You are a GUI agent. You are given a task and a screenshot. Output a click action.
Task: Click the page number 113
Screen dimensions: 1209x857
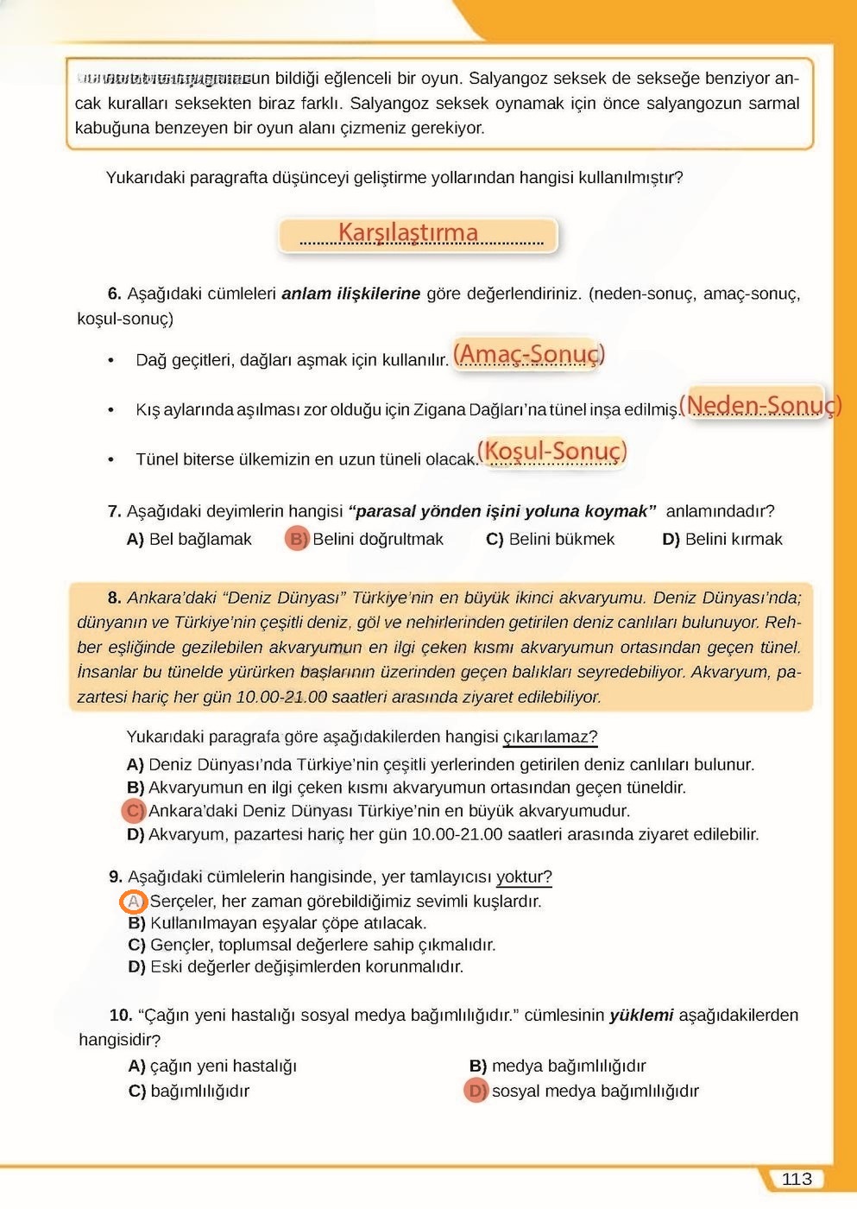[x=797, y=1179]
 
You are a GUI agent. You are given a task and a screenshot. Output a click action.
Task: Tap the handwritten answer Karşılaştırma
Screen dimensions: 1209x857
[x=408, y=233]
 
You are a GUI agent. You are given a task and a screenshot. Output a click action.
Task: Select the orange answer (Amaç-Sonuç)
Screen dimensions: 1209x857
[x=528, y=354]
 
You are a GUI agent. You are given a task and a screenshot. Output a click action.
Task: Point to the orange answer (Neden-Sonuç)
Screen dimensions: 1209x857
[x=759, y=405]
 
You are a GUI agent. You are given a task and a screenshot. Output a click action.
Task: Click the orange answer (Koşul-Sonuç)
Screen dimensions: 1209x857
[x=551, y=451]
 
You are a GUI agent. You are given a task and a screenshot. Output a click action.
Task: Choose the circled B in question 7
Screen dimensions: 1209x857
[x=296, y=540]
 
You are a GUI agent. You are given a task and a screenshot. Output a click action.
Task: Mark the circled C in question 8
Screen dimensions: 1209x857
[x=135, y=811]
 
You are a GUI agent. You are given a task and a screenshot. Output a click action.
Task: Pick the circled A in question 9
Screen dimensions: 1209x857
[x=134, y=902]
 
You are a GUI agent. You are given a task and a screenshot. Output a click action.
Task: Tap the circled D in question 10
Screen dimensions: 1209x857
[x=476, y=1091]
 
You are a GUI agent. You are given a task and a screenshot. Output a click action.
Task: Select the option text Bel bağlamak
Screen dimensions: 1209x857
[x=200, y=540]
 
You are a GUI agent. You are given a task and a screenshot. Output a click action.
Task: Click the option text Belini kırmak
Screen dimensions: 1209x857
[x=733, y=540]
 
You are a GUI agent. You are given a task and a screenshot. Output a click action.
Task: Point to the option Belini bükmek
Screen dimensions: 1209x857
[x=561, y=540]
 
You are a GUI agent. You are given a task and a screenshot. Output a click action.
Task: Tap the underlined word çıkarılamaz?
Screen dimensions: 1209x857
[x=550, y=737]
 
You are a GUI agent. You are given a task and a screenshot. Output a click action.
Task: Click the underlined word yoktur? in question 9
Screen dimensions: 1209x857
[x=524, y=877]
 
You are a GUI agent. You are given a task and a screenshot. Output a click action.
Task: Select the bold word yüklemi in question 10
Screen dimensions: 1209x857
[x=641, y=1016]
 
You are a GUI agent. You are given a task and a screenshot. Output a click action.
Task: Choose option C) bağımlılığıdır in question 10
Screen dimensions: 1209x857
[x=190, y=1091]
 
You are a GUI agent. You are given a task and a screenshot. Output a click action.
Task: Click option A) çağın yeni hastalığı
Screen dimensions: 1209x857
[x=212, y=1066]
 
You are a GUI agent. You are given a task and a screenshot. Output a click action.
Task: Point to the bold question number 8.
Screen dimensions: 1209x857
[x=114, y=598]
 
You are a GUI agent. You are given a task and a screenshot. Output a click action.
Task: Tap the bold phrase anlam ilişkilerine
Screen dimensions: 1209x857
[x=350, y=294]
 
